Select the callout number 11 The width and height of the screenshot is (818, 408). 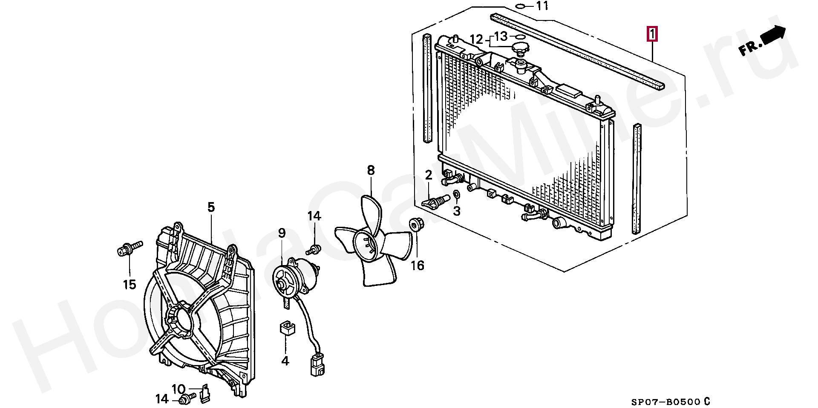(x=542, y=6)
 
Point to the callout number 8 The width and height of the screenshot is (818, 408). (x=371, y=171)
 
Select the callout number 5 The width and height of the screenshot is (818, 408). (x=211, y=207)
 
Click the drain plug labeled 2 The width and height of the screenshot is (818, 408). (x=436, y=200)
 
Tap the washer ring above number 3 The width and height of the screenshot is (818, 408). (x=456, y=195)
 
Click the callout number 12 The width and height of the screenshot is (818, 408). (x=477, y=40)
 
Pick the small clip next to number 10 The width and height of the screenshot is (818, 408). (x=205, y=394)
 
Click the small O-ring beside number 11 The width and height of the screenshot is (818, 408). (x=520, y=6)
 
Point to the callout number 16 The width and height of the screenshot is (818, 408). (x=418, y=265)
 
